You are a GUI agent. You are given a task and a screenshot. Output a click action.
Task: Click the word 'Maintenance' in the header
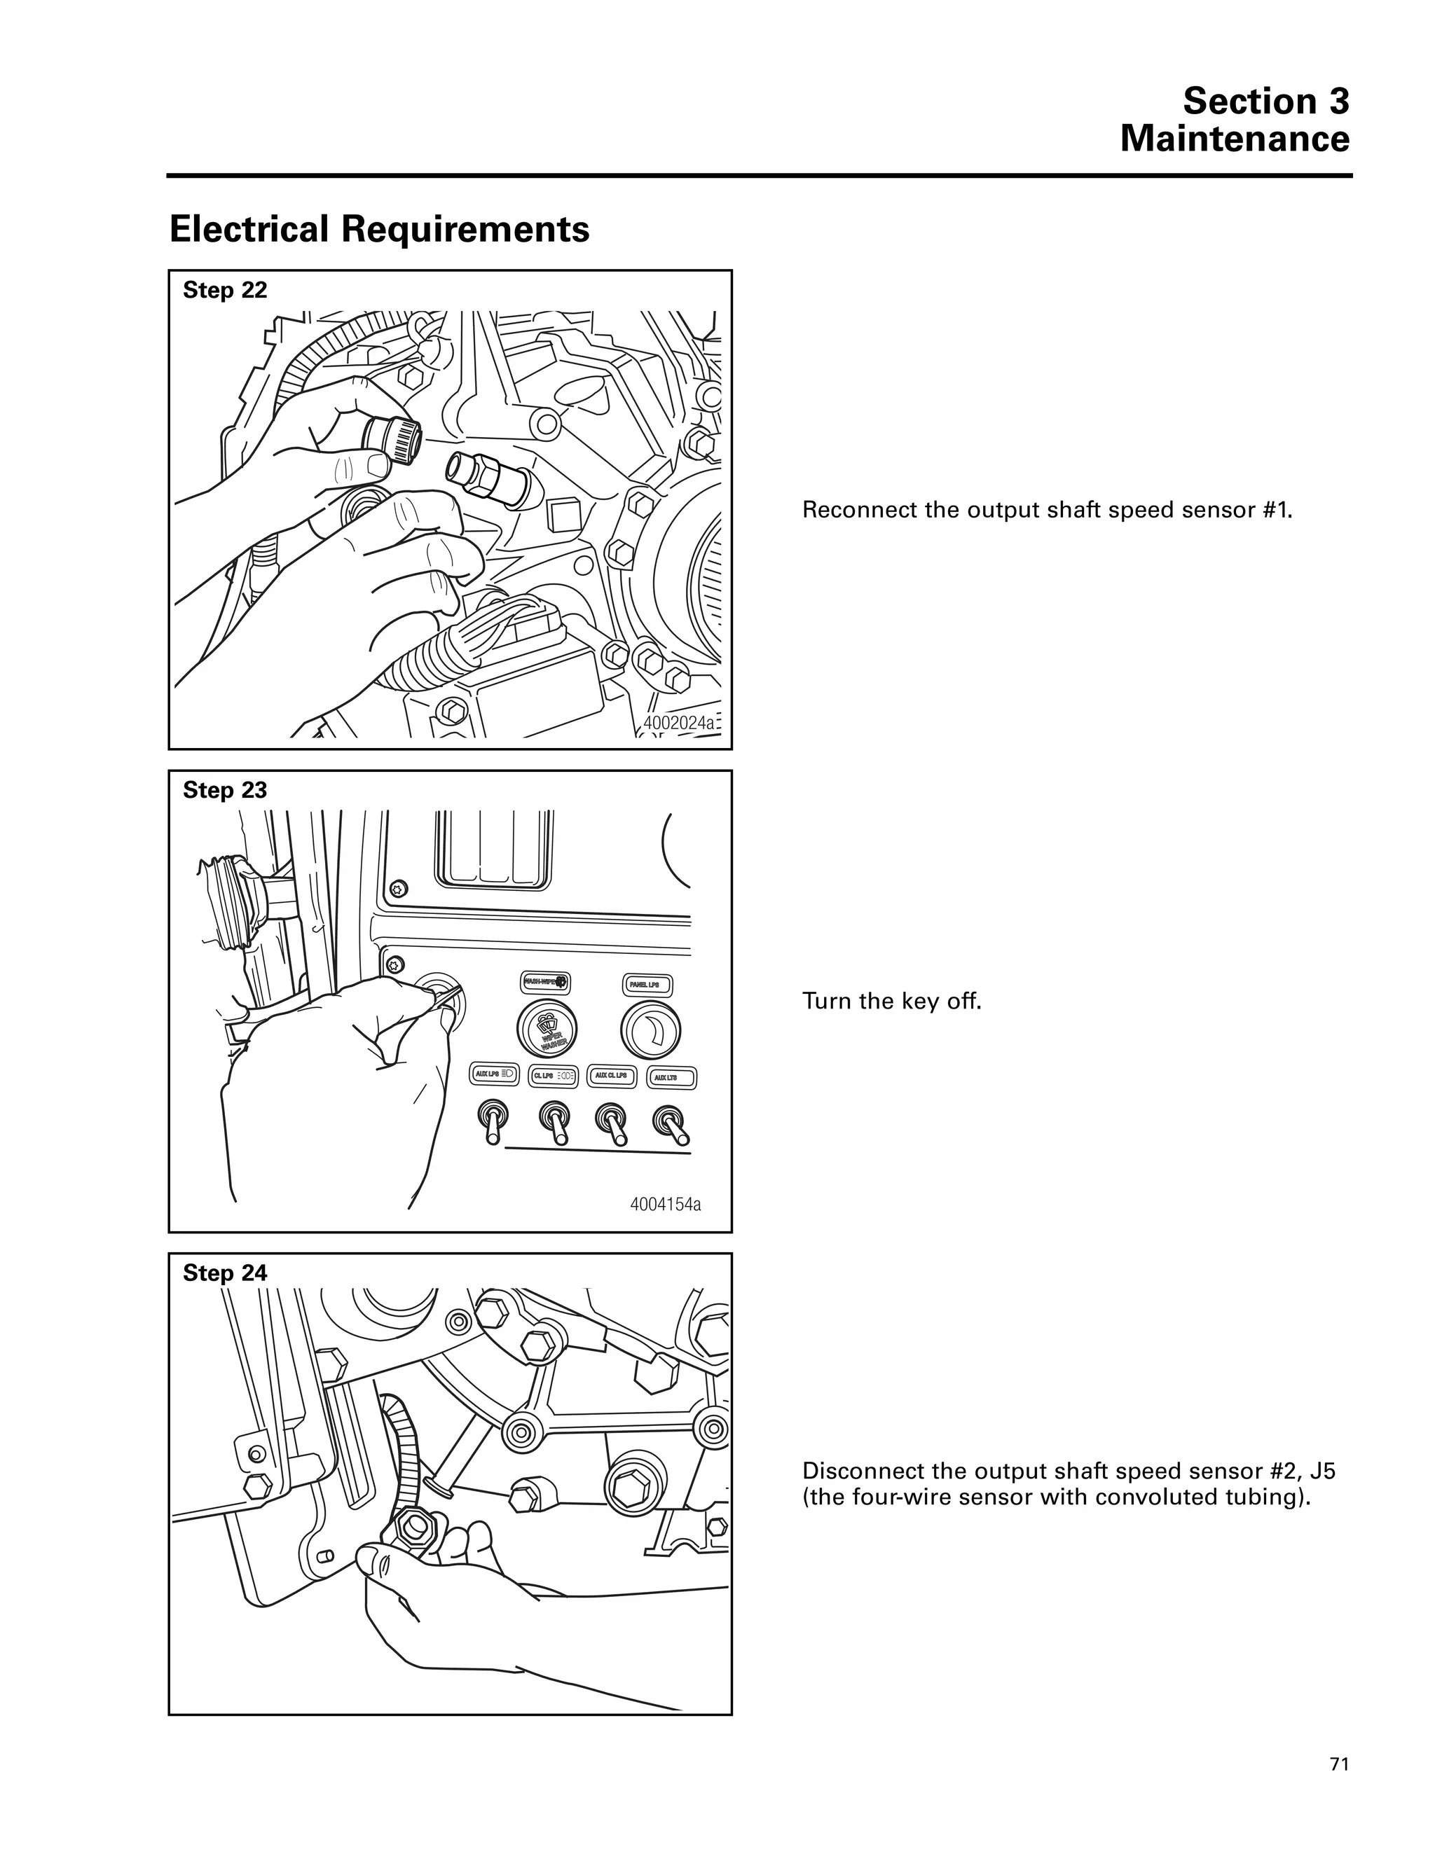1235,139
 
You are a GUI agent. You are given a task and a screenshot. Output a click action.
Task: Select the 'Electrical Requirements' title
379,230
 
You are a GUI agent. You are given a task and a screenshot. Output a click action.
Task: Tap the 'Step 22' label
226,291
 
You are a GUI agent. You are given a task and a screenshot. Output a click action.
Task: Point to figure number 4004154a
666,1204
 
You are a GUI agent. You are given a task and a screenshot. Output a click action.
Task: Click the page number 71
1339,1764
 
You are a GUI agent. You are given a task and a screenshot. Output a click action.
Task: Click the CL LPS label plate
554,1076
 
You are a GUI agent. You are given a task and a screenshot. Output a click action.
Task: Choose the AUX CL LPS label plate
611,1076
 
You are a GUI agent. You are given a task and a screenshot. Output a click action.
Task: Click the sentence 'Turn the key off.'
892,1001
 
